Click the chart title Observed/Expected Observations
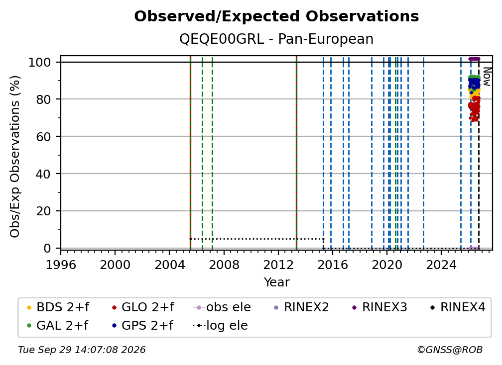pyautogui.click(x=276, y=16)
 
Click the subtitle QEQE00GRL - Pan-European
pyautogui.click(x=276, y=39)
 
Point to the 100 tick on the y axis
pyautogui.click(x=40, y=62)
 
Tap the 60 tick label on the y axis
pyautogui.click(x=43, y=136)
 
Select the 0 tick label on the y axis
pyautogui.click(x=47, y=248)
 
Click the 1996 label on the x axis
pyautogui.click(x=61, y=265)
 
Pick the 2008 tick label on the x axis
pyautogui.click(x=224, y=265)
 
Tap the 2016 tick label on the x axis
pyautogui.click(x=333, y=265)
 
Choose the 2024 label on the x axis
pyautogui.click(x=441, y=265)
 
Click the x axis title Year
pyautogui.click(x=276, y=282)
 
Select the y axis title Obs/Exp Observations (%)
pyautogui.click(x=15, y=157)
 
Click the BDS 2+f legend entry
pyautogui.click(x=58, y=307)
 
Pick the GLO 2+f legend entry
pyautogui.click(x=143, y=307)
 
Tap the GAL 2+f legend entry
pyautogui.click(x=58, y=325)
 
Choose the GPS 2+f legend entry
pyautogui.click(x=143, y=325)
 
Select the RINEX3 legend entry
pyautogui.click(x=379, y=307)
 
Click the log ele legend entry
pyautogui.click(x=220, y=325)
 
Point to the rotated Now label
pyautogui.click(x=487, y=77)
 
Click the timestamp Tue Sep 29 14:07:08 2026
pyautogui.click(x=82, y=350)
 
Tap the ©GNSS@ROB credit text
pyautogui.click(x=450, y=350)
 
